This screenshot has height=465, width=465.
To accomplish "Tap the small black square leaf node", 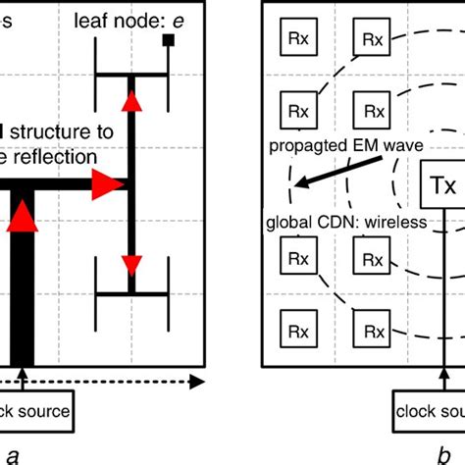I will point(168,40).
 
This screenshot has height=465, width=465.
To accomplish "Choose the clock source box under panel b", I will point(430,411).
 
